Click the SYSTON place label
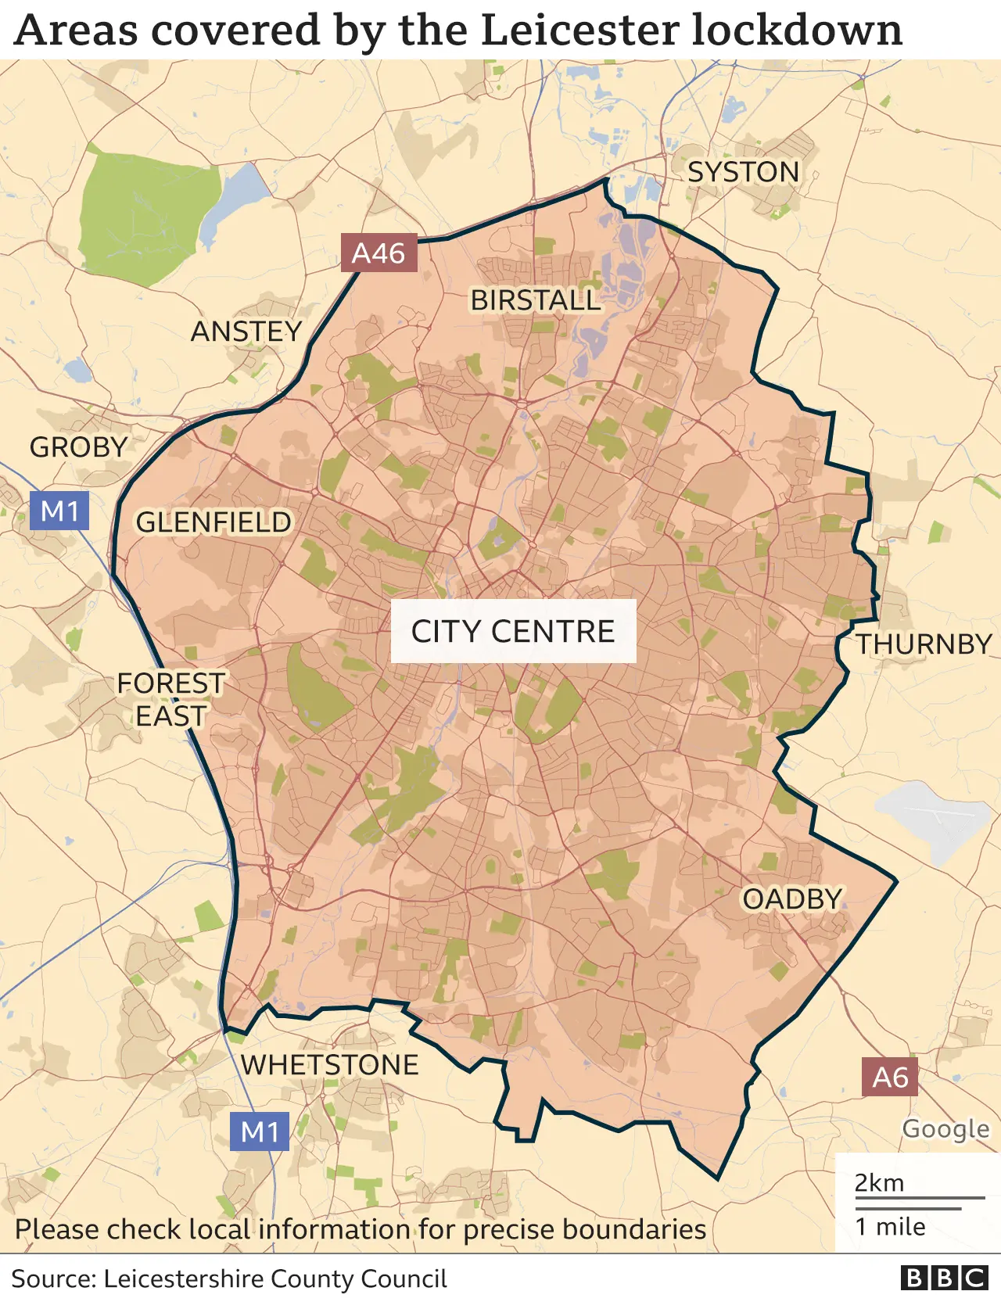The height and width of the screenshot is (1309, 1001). click(743, 172)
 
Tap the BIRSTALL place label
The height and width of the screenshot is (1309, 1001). click(535, 300)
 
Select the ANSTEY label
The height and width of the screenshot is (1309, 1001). click(246, 332)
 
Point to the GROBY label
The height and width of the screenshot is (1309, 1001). click(78, 447)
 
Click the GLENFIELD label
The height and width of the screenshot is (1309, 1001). click(213, 522)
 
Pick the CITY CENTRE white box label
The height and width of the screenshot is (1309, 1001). click(513, 631)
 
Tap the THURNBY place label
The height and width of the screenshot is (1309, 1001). click(923, 644)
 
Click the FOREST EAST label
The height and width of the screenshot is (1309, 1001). click(170, 700)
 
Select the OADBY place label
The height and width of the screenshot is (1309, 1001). click(792, 899)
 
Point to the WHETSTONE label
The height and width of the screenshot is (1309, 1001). click(329, 1065)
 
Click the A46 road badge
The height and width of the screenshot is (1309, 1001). click(379, 253)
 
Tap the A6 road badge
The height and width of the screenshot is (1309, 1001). click(890, 1078)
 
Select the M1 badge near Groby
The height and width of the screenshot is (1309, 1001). click(59, 511)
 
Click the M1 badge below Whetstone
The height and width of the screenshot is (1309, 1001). click(260, 1131)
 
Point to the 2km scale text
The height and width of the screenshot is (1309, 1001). click(879, 1183)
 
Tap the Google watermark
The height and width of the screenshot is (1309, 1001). click(945, 1129)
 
